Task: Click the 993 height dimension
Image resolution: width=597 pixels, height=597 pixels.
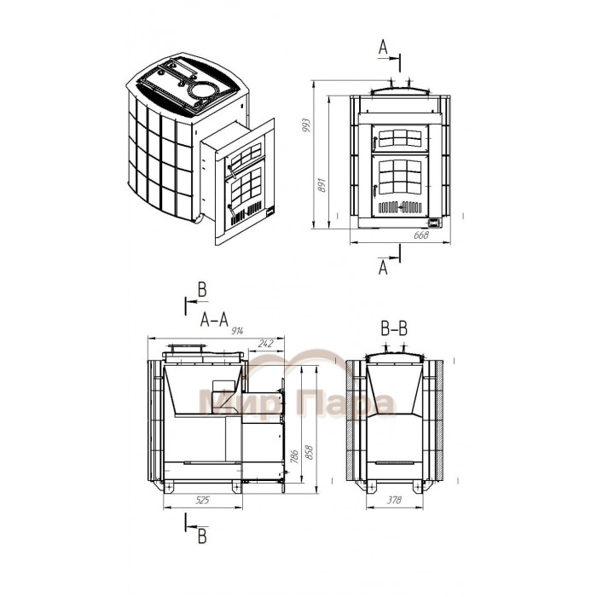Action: (x=306, y=125)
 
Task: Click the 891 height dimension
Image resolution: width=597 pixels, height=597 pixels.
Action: (x=323, y=185)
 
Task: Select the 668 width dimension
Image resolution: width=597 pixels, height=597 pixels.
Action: (x=421, y=235)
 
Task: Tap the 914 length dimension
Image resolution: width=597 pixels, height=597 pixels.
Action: (x=236, y=331)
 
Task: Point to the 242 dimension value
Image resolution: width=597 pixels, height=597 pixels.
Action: (x=265, y=344)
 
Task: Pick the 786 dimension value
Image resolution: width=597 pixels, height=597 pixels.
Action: (x=294, y=455)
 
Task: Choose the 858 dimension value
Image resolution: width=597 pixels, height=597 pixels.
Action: (x=309, y=452)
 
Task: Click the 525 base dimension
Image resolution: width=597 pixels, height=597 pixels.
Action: (x=202, y=500)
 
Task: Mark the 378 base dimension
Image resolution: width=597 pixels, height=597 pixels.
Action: (x=394, y=500)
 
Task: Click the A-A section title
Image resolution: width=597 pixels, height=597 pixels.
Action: (x=214, y=320)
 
